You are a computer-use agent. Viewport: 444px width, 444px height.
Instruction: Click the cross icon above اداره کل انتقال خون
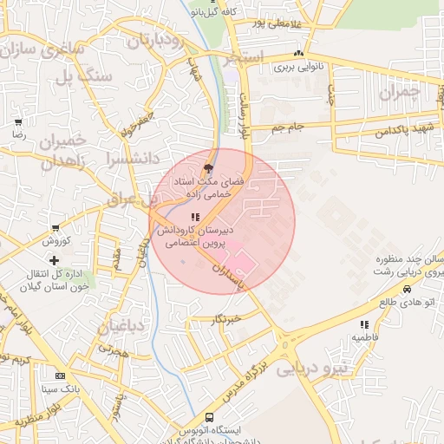click(x=55, y=260)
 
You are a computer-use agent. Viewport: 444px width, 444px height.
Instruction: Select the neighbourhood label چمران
click(x=399, y=91)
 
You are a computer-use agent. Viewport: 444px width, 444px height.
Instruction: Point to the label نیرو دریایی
click(x=311, y=369)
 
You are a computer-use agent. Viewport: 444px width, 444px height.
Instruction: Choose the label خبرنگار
click(x=227, y=319)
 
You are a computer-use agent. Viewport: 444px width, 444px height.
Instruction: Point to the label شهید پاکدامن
click(x=405, y=127)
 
